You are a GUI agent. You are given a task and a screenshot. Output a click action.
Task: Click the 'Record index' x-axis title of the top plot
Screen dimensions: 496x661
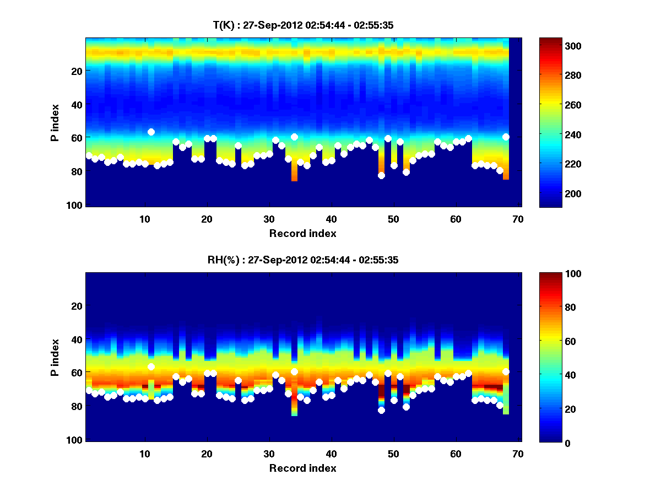coord(302,233)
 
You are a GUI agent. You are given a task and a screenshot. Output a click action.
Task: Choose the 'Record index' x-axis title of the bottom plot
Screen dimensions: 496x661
coord(302,468)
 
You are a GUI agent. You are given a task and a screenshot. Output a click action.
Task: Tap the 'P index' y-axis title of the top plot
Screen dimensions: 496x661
coord(55,123)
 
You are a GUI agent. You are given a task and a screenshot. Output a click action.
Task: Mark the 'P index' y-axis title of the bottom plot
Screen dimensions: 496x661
coord(55,358)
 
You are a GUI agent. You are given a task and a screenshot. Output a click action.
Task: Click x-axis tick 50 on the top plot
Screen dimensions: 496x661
coord(393,219)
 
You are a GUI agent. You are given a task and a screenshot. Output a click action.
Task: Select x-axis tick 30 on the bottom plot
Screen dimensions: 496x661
coord(269,454)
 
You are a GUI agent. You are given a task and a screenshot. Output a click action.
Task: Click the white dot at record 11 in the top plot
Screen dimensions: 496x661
coord(151,132)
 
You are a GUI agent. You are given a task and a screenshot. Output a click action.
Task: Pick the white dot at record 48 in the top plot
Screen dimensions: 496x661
coord(381,175)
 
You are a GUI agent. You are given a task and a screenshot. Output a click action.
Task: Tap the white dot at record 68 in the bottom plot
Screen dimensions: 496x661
coord(506,371)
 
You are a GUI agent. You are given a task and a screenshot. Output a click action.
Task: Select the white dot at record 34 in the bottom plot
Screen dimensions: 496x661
coord(294,371)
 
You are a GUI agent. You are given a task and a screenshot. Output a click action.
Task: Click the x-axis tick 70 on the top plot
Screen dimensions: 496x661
coord(518,219)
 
